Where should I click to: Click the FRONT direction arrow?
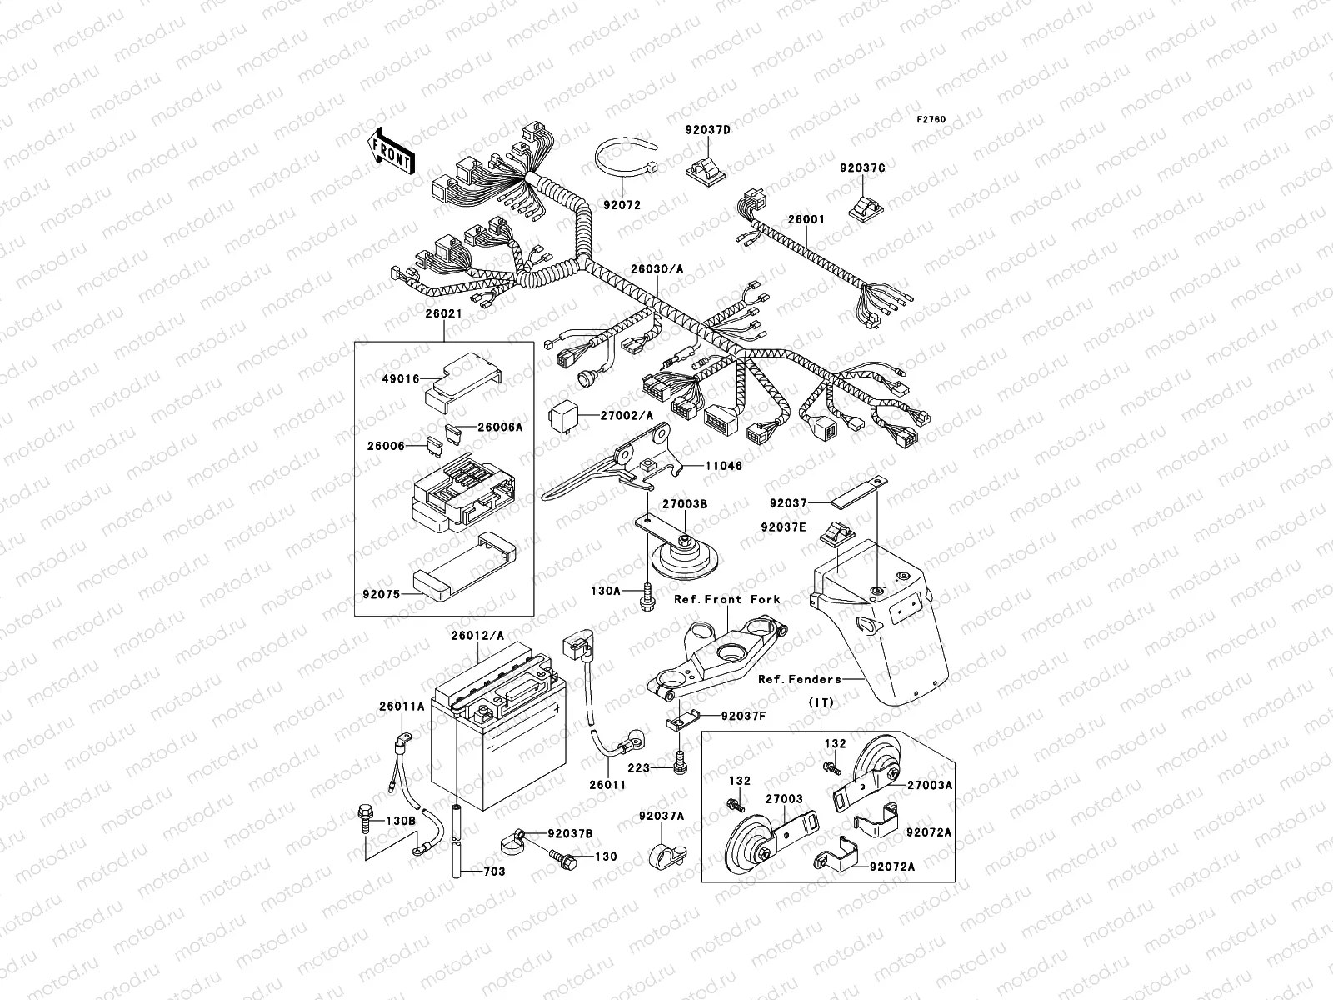click(392, 151)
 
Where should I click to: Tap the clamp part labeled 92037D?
click(707, 169)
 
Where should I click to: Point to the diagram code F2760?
click(931, 120)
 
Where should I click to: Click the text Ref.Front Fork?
click(727, 599)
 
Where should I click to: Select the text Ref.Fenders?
click(800, 679)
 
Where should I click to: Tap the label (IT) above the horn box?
click(821, 704)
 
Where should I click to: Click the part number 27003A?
click(929, 784)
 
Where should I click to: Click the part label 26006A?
click(500, 427)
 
